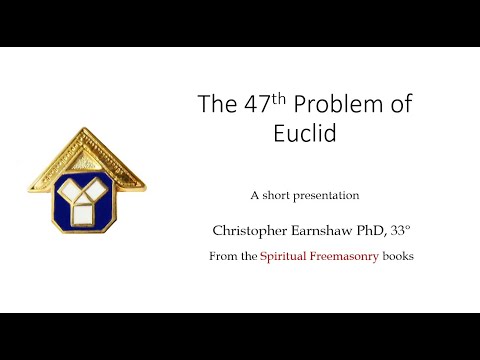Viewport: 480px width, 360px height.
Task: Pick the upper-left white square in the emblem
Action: tap(69, 187)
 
